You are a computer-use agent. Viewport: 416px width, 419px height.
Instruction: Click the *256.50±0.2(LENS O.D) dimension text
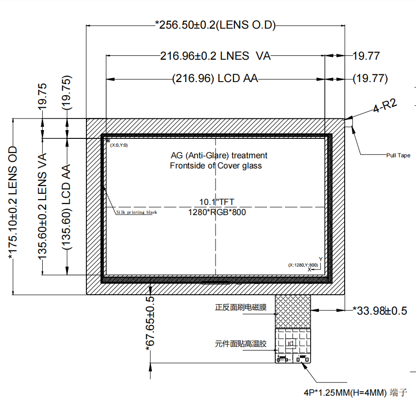tap(215, 25)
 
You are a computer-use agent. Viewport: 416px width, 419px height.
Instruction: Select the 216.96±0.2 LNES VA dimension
tap(215, 56)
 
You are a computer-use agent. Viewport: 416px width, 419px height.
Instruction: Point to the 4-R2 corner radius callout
tap(385, 106)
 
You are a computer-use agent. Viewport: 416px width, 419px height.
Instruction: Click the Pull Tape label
tap(398, 155)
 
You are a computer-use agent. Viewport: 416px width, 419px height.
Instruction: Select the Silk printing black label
tap(136, 212)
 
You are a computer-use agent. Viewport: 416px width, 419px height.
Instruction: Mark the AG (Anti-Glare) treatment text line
tap(219, 155)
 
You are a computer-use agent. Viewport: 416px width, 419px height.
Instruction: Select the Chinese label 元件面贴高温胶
tap(241, 344)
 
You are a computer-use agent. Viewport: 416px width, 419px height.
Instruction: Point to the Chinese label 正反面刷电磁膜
tap(241, 307)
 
